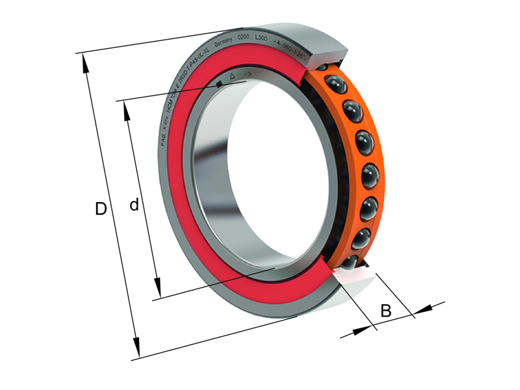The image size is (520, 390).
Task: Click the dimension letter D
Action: (x=101, y=209)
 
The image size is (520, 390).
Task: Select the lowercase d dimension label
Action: (x=134, y=205)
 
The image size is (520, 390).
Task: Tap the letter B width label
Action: (x=385, y=311)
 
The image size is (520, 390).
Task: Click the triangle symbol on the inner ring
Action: (x=233, y=77)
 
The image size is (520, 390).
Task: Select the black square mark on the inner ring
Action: (x=219, y=83)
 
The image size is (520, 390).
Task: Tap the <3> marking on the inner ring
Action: (x=247, y=74)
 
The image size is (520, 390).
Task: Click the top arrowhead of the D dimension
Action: (x=83, y=58)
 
